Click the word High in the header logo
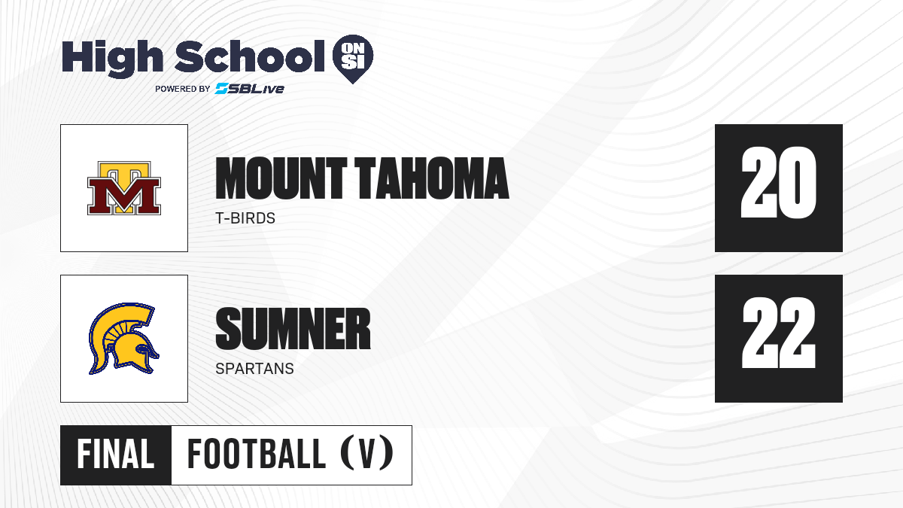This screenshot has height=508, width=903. [112, 58]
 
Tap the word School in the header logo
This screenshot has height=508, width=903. [250, 56]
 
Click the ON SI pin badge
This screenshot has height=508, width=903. [353, 59]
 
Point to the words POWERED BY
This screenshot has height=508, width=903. [183, 89]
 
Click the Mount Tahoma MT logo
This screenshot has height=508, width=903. [124, 188]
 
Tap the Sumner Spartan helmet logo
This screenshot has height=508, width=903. [123, 339]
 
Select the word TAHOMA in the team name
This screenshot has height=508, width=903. [432, 178]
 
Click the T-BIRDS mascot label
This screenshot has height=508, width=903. [245, 218]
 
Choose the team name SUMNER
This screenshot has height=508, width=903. [293, 329]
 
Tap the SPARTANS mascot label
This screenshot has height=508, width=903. [255, 369]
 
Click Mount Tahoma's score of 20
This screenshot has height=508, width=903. [778, 182]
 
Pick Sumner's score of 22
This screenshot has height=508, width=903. [778, 333]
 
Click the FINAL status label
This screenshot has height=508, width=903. [116, 455]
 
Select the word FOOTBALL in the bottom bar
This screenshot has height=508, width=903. [257, 455]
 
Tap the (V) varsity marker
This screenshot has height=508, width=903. [367, 453]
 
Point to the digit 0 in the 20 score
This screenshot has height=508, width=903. [798, 182]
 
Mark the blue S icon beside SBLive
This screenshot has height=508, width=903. [222, 89]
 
